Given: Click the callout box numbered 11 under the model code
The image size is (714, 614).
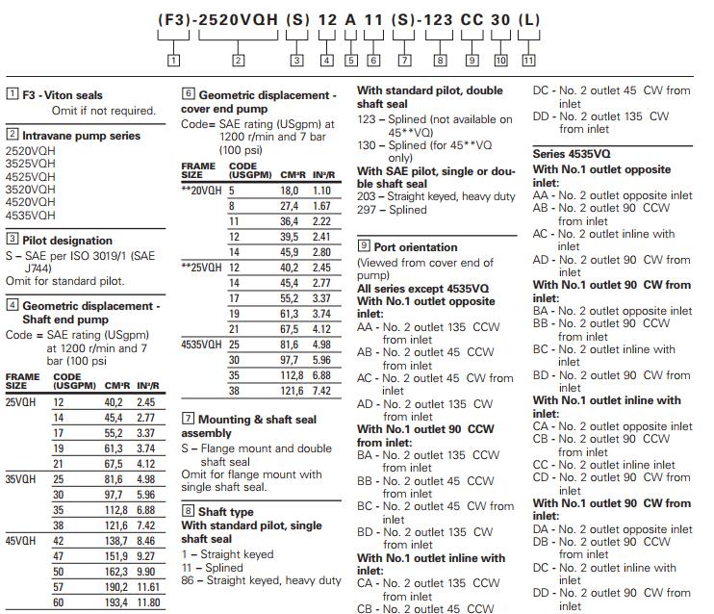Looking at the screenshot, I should pyautogui.click(x=528, y=60).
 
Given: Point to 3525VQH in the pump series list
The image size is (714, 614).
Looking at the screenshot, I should pyautogui.click(x=30, y=164).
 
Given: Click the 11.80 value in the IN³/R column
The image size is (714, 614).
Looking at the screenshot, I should pyautogui.click(x=149, y=602).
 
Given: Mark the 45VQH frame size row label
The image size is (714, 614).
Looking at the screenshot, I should pyautogui.click(x=20, y=541).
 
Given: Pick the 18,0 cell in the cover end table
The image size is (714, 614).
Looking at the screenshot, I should pyautogui.click(x=290, y=192).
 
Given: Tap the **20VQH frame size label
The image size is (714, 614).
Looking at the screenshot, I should pyautogui.click(x=200, y=192).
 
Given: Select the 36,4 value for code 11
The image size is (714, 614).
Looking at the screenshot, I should pyautogui.click(x=290, y=221).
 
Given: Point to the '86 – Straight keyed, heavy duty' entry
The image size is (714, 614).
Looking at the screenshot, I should pyautogui.click(x=261, y=580).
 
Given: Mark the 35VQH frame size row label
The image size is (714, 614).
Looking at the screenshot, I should pyautogui.click(x=20, y=478).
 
